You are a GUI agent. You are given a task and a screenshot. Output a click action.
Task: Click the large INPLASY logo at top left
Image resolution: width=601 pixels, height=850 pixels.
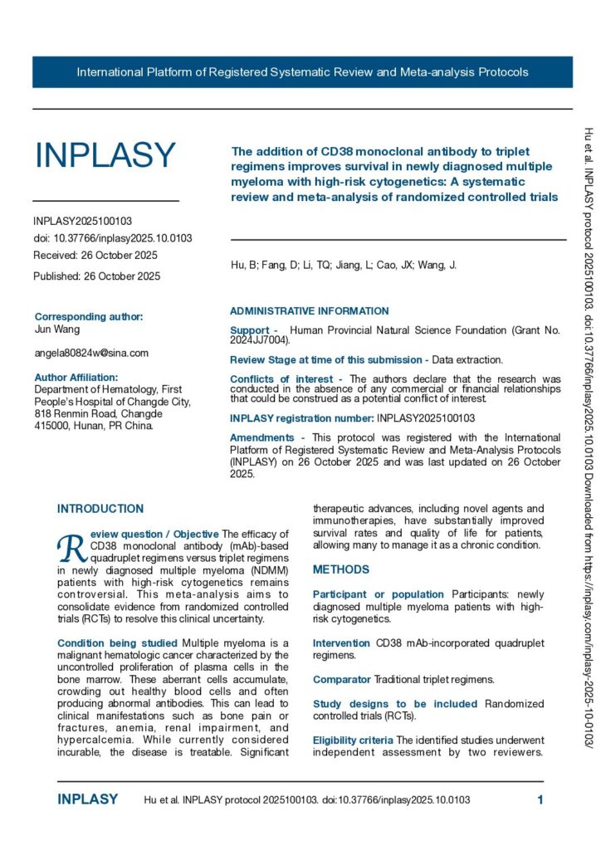(105, 155)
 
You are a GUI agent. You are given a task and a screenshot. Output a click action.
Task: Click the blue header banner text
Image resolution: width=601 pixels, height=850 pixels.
(302, 72)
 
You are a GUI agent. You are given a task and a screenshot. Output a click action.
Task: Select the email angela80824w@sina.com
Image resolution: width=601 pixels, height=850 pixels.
(91, 353)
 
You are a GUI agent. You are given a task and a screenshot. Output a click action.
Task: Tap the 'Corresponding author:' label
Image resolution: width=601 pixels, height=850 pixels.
(88, 316)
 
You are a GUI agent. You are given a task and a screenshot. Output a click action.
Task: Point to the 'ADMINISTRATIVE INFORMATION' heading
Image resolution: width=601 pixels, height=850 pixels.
(309, 311)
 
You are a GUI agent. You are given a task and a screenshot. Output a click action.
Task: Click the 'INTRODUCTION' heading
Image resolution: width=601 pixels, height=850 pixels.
(100, 509)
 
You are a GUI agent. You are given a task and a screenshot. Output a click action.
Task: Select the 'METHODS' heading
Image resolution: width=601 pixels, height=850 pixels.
(340, 569)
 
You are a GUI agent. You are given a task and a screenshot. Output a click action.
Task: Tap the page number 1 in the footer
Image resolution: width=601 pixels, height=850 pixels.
(540, 800)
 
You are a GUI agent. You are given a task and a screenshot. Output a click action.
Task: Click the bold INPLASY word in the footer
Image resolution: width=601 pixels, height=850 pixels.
(87, 800)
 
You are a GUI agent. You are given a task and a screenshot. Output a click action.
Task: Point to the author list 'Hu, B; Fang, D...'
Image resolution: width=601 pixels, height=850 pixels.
(343, 266)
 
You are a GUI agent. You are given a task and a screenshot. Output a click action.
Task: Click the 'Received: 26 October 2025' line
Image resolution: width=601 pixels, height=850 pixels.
(95, 255)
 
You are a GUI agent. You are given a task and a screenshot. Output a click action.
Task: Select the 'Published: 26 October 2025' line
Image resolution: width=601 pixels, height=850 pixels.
(96, 276)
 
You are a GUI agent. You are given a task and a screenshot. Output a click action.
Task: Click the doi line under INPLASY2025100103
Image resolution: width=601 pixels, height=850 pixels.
(113, 238)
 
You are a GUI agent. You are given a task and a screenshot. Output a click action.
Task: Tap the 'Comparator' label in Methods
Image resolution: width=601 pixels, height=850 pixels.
(341, 679)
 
